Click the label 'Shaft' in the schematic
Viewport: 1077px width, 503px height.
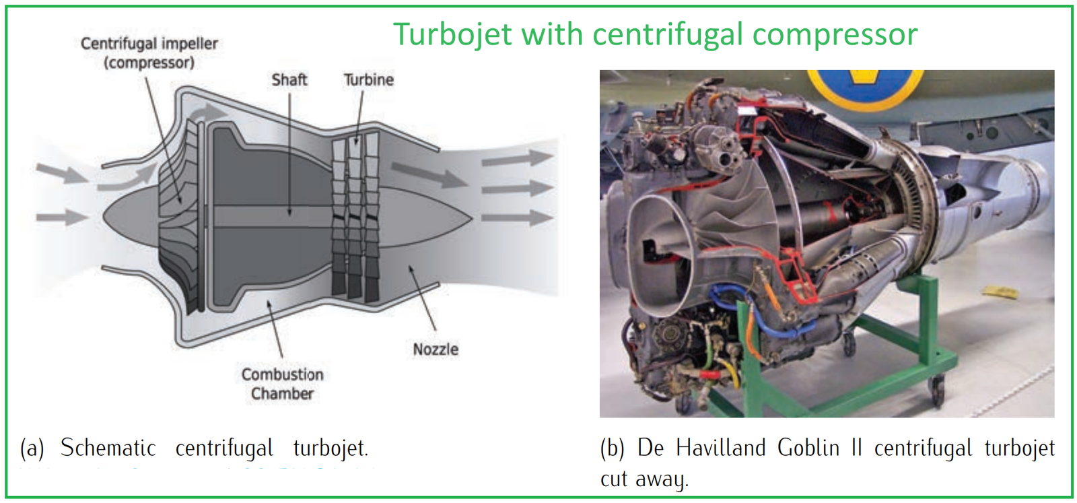[x=289, y=79]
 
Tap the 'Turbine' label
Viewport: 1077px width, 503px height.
[x=368, y=79]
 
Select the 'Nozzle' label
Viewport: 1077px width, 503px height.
[x=436, y=349]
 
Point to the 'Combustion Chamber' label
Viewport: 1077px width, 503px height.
[x=282, y=384]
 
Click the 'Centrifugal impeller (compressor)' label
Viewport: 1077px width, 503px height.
[x=149, y=53]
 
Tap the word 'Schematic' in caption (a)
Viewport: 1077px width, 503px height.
[x=108, y=448]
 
